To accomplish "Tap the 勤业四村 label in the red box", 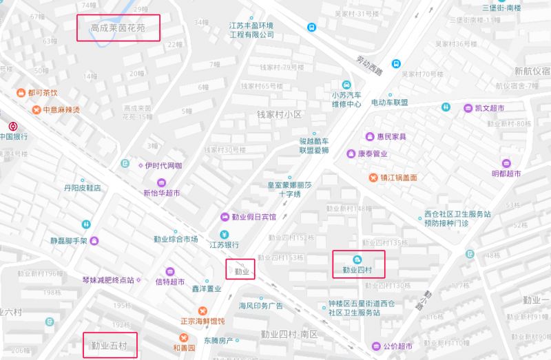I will click(x=357, y=270).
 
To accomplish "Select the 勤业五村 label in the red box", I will click(x=110, y=346).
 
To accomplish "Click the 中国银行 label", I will click(x=14, y=136).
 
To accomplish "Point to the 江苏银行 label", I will click(x=225, y=244).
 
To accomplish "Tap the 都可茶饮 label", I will click(x=43, y=92).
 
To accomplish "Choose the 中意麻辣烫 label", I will click(x=61, y=109).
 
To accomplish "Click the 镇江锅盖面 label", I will click(x=397, y=178).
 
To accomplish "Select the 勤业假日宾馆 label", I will click(x=253, y=216).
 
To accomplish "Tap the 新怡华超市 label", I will click(x=162, y=193).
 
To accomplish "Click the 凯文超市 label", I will click(x=489, y=108).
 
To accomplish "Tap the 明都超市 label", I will click(x=506, y=173).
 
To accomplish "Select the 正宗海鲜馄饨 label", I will click(x=202, y=321).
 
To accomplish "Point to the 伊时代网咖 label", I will click(x=163, y=166).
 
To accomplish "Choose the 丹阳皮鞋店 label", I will click(x=83, y=188).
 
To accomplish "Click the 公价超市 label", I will click(x=396, y=346).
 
